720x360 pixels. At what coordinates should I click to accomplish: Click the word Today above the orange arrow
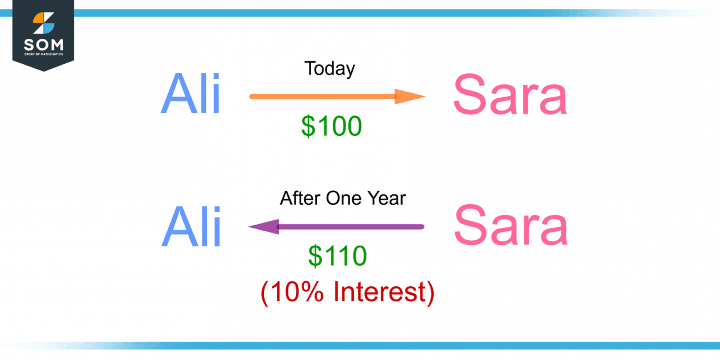tap(329, 69)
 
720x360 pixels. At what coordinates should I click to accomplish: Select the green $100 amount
tap(331, 126)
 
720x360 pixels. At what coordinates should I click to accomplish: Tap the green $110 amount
tap(337, 256)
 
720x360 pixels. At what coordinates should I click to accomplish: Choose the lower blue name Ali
tap(191, 227)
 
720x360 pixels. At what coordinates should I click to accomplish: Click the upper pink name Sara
tap(510, 95)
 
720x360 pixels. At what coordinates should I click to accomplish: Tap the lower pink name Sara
tap(511, 226)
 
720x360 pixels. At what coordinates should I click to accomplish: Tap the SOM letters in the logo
tap(43, 44)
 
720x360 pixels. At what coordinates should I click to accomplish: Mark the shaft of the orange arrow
tap(322, 97)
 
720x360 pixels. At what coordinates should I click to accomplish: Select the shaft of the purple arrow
tap(349, 226)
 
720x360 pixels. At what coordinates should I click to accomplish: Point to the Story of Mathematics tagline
tap(43, 54)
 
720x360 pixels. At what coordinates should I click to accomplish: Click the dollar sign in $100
tap(308, 126)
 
